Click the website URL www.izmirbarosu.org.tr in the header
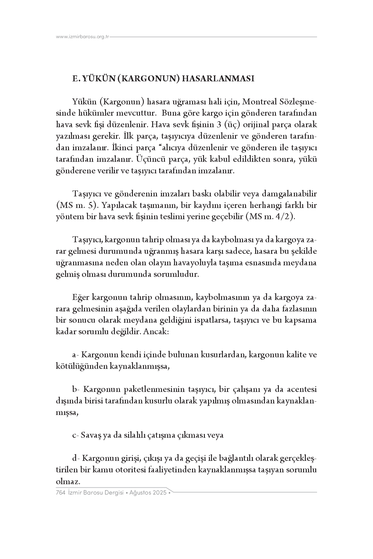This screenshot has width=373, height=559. point(83,37)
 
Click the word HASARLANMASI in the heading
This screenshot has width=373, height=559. point(218,79)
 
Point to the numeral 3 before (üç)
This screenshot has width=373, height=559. point(218,125)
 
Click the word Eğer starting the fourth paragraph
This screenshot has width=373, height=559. point(81,297)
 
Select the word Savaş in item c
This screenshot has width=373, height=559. point(91,435)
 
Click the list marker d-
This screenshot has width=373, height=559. point(76,458)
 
